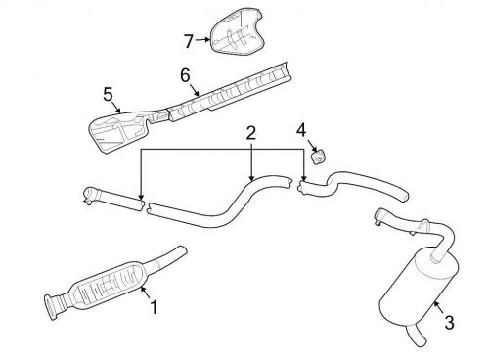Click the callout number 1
coord(154,307)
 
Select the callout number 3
coord(448,322)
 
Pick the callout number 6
coord(184,73)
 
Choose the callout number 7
coord(190,40)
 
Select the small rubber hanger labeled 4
coord(318,156)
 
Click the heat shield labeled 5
coord(122,130)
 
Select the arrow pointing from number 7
coord(201,40)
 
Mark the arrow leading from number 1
coord(145,293)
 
